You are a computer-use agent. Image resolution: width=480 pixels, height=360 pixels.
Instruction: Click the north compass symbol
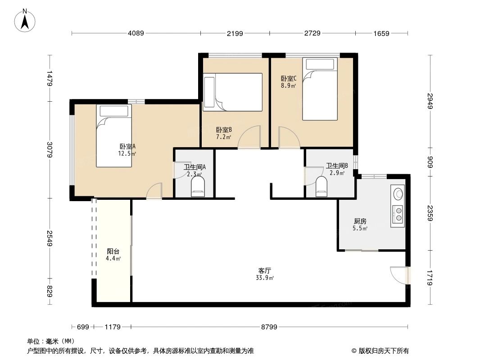[26, 21]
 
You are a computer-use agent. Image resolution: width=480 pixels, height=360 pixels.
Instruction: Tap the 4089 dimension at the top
[136, 33]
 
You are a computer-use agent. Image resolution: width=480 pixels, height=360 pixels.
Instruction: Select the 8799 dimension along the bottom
[269, 327]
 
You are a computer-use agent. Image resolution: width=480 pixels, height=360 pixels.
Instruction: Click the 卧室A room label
[127, 147]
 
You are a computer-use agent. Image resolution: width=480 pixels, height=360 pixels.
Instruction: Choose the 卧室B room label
[224, 130]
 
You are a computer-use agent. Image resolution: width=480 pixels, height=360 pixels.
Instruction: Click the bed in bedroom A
[114, 136]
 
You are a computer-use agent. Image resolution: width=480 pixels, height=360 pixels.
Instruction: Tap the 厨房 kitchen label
[360, 221]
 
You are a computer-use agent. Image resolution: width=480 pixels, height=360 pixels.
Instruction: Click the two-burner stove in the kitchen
[398, 214]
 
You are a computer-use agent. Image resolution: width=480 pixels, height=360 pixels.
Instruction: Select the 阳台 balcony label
[113, 252]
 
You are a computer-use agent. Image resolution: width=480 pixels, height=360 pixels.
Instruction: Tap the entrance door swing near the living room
[398, 275]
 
